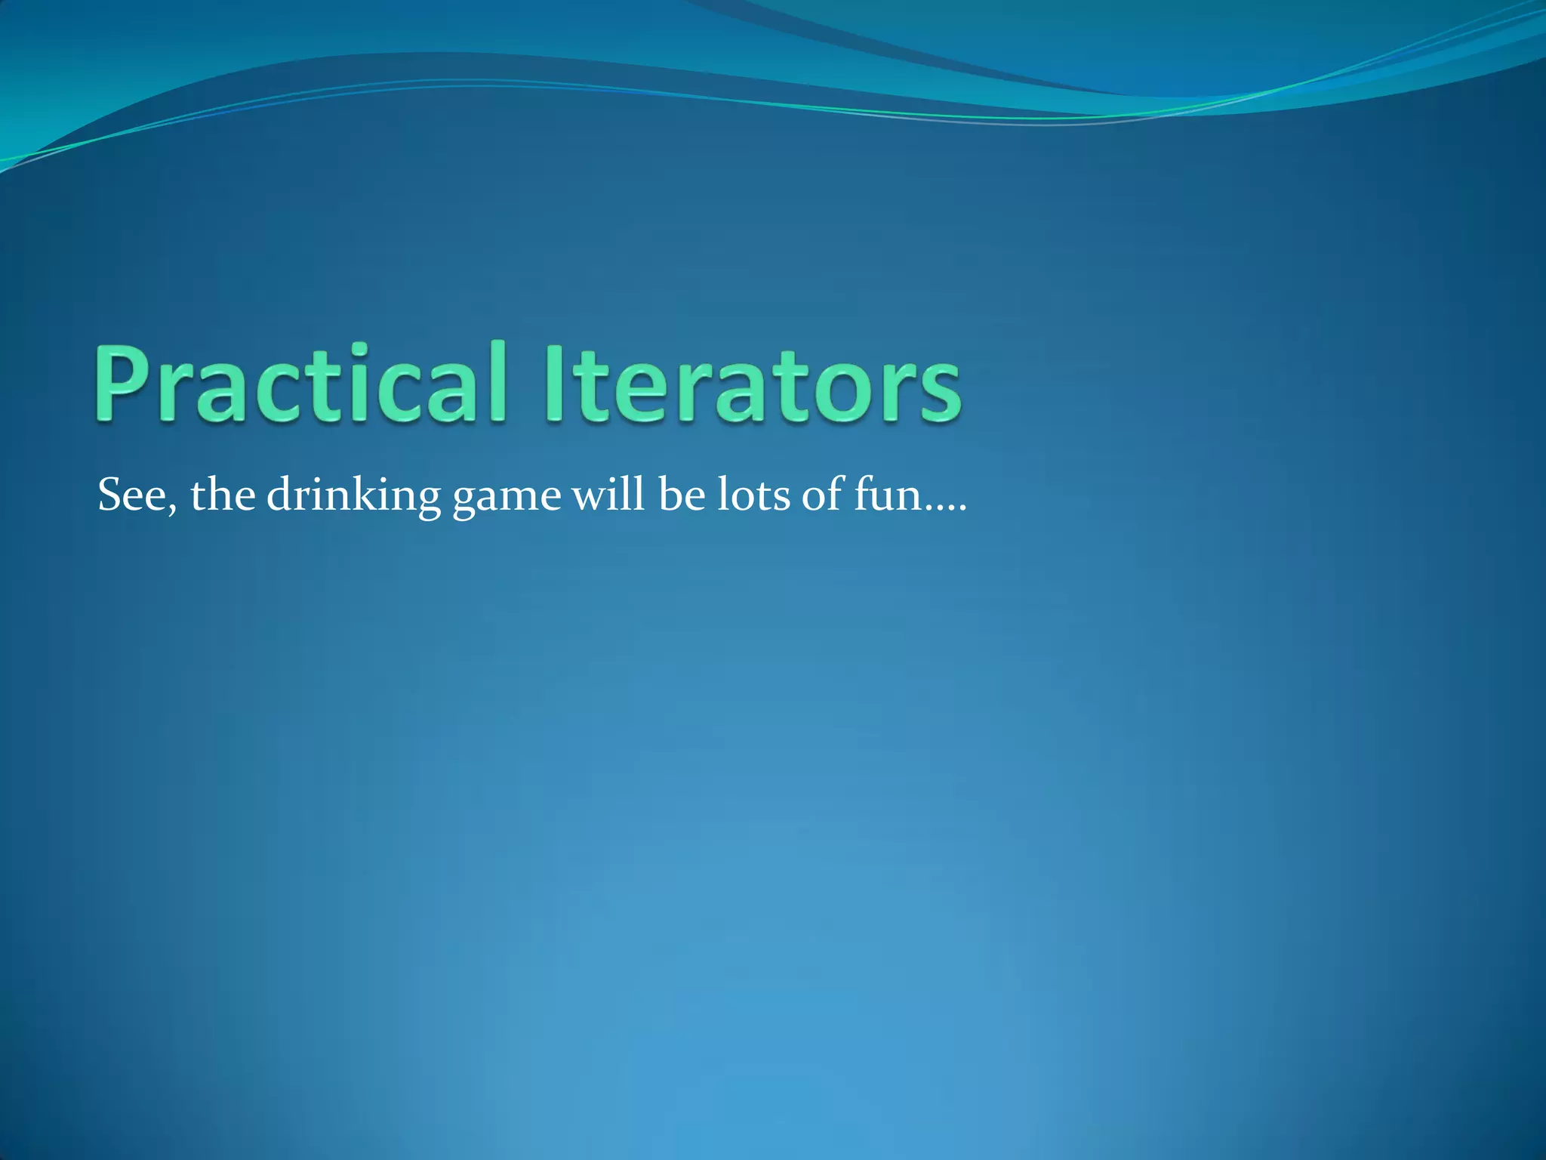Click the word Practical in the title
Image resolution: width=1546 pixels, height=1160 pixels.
coord(299,383)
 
